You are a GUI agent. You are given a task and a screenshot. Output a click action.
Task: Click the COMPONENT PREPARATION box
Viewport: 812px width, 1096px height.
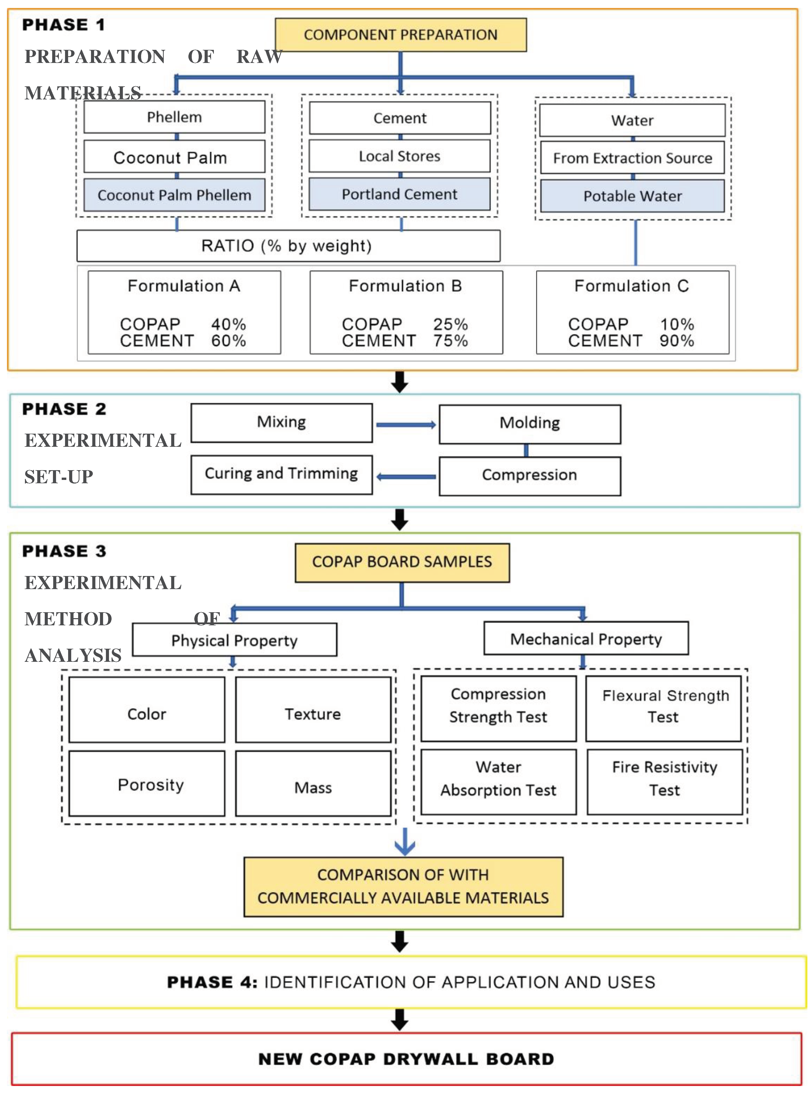tap(400, 35)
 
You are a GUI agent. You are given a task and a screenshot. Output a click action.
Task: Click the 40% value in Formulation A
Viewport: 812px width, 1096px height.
tap(229, 324)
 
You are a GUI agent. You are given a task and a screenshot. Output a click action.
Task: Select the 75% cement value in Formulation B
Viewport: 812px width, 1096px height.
tap(450, 340)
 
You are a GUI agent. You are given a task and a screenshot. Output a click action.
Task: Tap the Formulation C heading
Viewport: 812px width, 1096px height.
tap(632, 286)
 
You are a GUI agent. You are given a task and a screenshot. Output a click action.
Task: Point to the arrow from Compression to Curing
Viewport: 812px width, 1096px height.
tap(406, 477)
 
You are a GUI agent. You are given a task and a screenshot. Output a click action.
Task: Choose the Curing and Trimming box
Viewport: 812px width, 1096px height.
tap(281, 473)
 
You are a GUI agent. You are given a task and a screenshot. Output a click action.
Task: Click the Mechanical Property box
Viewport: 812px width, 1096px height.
tap(586, 639)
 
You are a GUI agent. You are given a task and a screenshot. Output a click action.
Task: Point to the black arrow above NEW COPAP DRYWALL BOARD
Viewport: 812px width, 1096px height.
tap(400, 1019)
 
